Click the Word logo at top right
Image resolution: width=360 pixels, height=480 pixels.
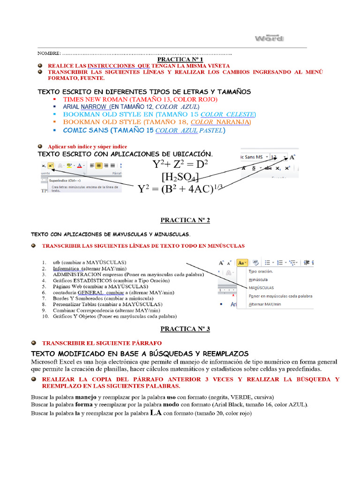(x=269, y=38)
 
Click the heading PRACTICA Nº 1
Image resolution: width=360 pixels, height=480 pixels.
(x=180, y=60)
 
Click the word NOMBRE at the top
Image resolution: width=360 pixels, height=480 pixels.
(x=49, y=54)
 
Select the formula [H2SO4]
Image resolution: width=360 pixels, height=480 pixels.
(x=180, y=177)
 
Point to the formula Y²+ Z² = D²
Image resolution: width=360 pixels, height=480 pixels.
(x=180, y=164)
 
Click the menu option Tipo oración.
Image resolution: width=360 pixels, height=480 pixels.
(x=260, y=271)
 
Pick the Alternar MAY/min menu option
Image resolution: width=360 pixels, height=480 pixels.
(x=265, y=304)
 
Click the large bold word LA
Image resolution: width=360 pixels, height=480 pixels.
(x=156, y=413)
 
